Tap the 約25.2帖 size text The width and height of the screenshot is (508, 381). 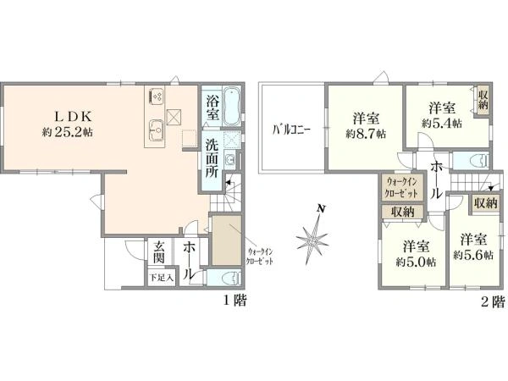(x=68, y=131)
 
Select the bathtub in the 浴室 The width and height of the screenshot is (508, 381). (x=232, y=106)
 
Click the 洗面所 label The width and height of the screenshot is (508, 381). (x=212, y=159)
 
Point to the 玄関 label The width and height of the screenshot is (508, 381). (x=159, y=252)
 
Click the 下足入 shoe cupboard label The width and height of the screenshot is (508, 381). (x=162, y=278)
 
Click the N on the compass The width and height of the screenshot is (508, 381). (x=321, y=208)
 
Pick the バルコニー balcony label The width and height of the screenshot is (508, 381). (x=291, y=130)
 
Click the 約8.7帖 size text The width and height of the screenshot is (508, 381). (x=366, y=134)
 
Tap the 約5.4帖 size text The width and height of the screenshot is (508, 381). (x=442, y=123)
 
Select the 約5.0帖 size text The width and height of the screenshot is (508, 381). (x=416, y=262)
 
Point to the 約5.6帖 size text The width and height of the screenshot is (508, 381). (x=473, y=256)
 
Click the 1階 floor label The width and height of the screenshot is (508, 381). (x=235, y=301)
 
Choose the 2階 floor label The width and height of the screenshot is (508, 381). (x=493, y=301)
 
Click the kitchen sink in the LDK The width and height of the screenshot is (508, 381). (x=157, y=130)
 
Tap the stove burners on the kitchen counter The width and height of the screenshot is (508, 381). (x=156, y=95)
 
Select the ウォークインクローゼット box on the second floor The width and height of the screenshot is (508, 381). (x=402, y=188)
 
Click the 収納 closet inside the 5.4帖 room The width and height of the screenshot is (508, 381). (x=483, y=100)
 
